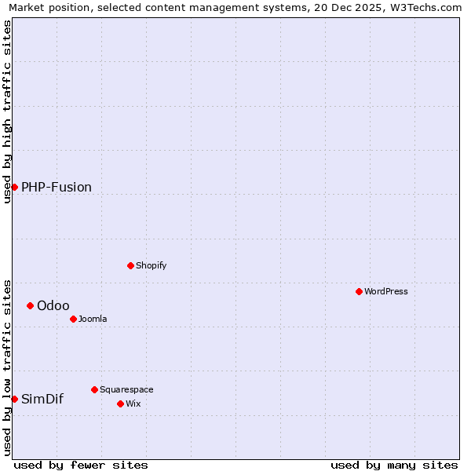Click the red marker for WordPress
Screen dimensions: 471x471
359,291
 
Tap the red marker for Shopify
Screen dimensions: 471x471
130,265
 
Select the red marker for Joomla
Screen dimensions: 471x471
73,319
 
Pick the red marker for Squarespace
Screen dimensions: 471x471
94,389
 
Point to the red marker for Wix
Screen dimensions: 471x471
120,403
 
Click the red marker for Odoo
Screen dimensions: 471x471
30,305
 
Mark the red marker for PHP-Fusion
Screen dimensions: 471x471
14,187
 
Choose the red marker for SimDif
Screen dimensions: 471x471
14,399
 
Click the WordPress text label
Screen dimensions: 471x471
386,291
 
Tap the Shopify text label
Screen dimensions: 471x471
152,265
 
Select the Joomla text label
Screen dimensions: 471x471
93,319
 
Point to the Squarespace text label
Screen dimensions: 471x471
126,389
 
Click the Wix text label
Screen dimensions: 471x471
133,403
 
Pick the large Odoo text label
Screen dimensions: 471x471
53,305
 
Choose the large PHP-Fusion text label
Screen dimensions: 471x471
57,187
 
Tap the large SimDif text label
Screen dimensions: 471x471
42,399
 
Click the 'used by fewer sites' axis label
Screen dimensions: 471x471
81,465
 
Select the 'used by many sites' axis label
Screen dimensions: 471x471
394,465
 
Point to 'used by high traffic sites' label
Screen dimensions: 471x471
7,111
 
